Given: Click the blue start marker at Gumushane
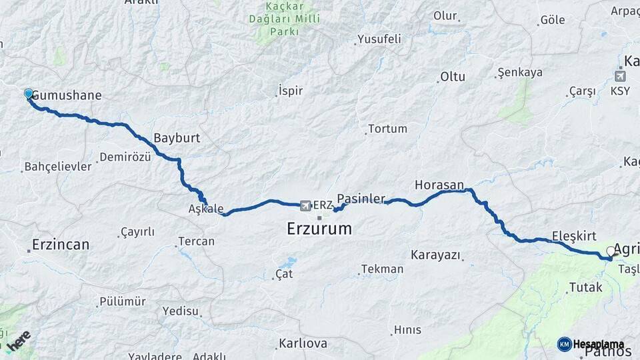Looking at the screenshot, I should click(29, 94).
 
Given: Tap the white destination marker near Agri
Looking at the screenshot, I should click(611, 251).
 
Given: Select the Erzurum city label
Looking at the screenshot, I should click(319, 229).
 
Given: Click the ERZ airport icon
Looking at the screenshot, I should click(306, 205).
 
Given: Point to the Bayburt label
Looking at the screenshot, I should click(177, 138).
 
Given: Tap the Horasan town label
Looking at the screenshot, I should click(439, 184).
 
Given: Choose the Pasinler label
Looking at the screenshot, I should click(361, 199).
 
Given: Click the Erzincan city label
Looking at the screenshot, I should click(60, 245).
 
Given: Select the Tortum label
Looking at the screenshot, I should click(387, 129).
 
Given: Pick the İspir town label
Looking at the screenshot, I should click(290, 90).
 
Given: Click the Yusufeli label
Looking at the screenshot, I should click(379, 39).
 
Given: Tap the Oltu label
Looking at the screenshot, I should click(453, 77).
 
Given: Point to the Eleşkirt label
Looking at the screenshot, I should click(573, 235).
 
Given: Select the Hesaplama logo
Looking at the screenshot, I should click(594, 344).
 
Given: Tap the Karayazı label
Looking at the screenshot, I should click(436, 255).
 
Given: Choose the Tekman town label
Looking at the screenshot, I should click(382, 269).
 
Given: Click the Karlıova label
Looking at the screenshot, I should click(303, 344).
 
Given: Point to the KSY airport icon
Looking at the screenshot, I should click(620, 75).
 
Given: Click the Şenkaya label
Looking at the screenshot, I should click(520, 73).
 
